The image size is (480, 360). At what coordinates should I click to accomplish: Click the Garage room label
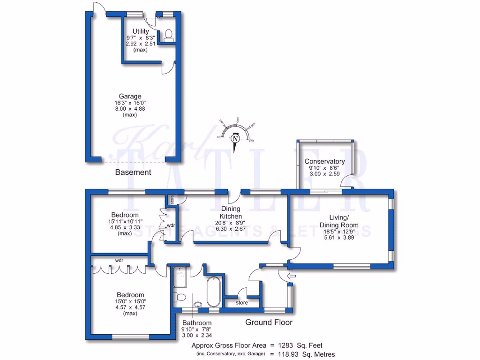pyautogui.click(x=130, y=97)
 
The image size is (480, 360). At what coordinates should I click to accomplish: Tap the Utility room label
pyautogui.click(x=141, y=31)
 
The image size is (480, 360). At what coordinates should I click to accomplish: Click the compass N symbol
pyautogui.click(x=235, y=139)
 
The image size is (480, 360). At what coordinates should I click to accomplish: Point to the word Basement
pyautogui.click(x=133, y=172)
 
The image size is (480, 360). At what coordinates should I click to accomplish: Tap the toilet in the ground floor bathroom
pyautogui.click(x=179, y=296)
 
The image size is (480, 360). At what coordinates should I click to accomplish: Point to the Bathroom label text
pyautogui.click(x=197, y=323)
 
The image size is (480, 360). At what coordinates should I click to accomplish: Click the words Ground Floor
pyautogui.click(x=269, y=322)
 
